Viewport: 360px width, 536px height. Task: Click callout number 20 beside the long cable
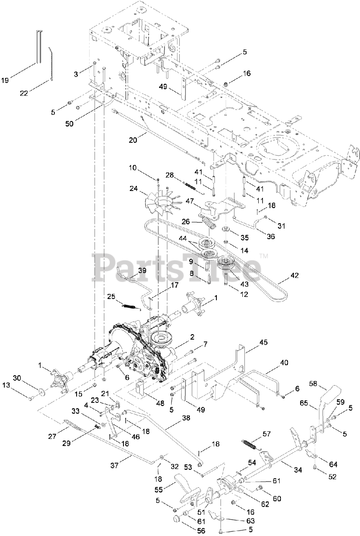point(133,140)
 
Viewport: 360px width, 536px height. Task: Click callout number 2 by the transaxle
point(192,336)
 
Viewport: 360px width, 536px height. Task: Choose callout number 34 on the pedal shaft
point(298,470)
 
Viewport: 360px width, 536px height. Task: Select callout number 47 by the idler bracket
point(190,201)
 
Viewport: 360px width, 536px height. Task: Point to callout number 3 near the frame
point(76,74)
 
